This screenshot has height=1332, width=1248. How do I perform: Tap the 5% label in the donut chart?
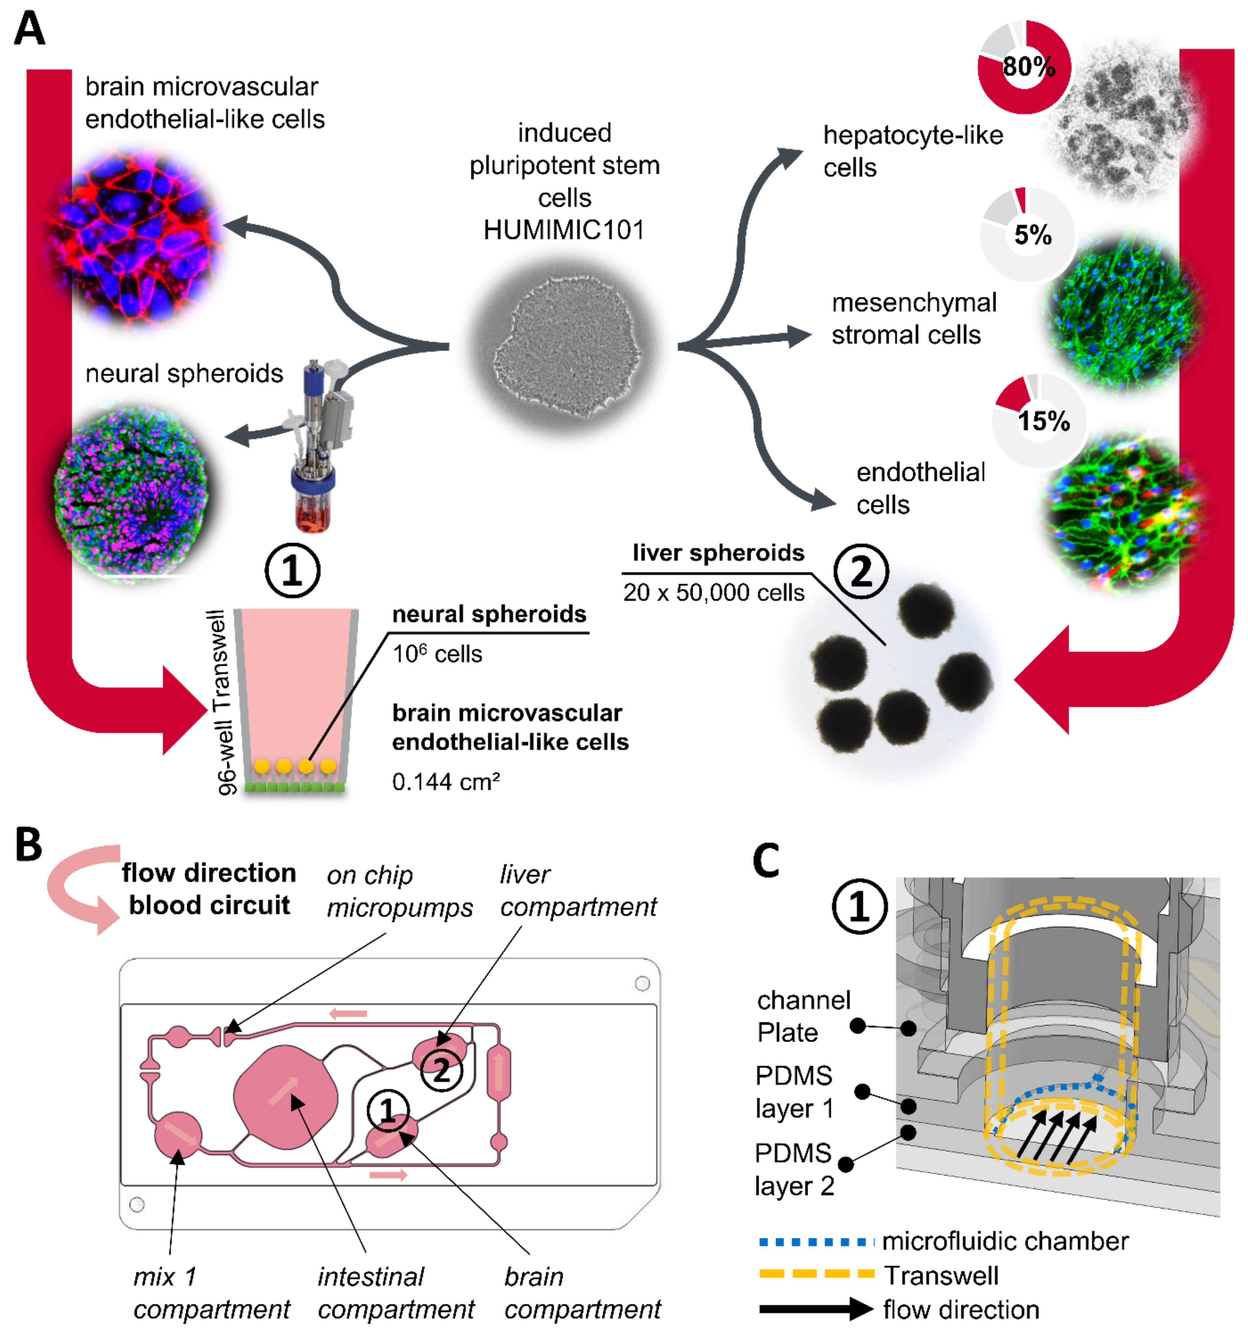[1032, 235]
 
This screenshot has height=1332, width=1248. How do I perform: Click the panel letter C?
[766, 860]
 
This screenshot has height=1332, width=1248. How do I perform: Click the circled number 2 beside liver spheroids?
[861, 571]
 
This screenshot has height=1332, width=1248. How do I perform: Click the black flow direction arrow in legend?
[816, 1308]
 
